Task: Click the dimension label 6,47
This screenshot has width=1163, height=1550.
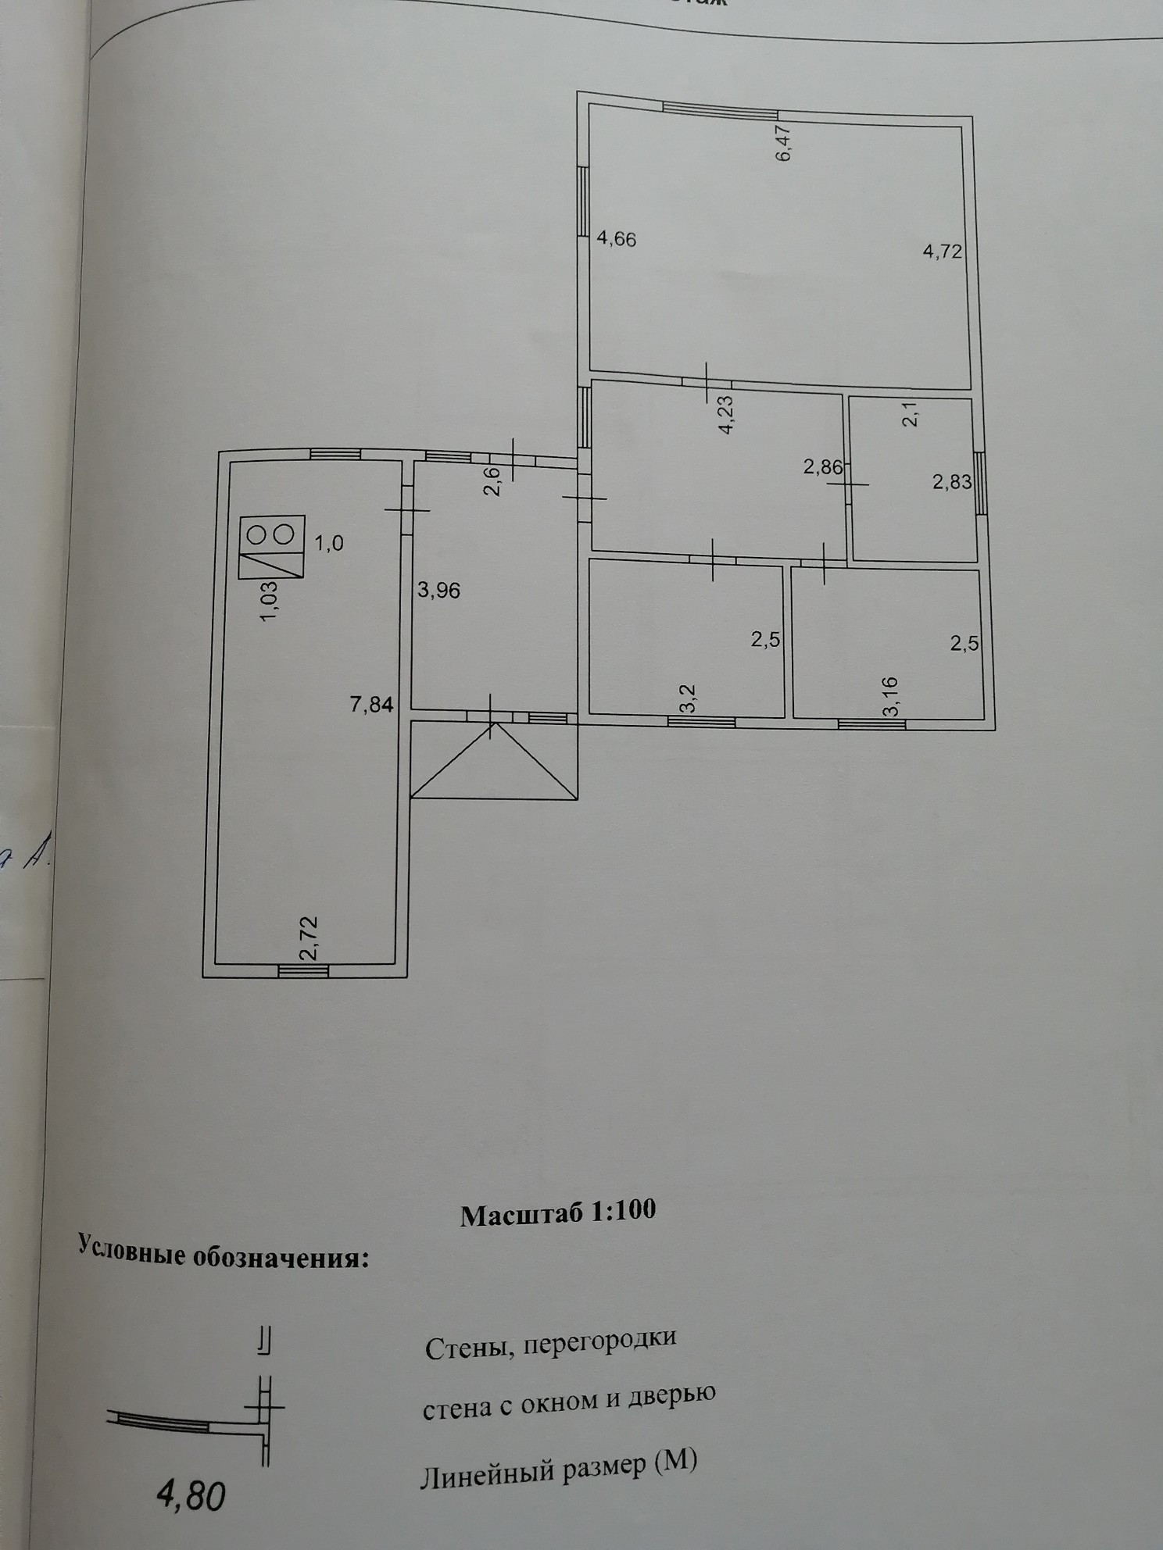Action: click(x=784, y=143)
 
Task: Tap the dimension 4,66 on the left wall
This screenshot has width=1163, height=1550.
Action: click(x=617, y=239)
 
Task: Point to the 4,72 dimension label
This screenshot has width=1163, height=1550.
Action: click(x=942, y=252)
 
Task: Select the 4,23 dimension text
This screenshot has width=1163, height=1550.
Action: click(x=725, y=415)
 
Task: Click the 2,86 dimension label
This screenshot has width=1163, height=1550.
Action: click(x=823, y=468)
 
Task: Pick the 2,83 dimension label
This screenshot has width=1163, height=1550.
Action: click(x=952, y=482)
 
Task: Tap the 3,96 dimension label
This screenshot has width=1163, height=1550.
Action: click(x=438, y=591)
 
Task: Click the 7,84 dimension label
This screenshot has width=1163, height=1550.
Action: click(x=371, y=705)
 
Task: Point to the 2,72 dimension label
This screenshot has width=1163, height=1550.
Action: click(x=310, y=939)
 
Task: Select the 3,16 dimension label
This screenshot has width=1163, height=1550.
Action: click(x=892, y=697)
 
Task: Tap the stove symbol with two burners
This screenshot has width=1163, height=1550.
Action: click(x=271, y=547)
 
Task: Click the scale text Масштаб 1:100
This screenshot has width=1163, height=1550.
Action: click(x=557, y=1212)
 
